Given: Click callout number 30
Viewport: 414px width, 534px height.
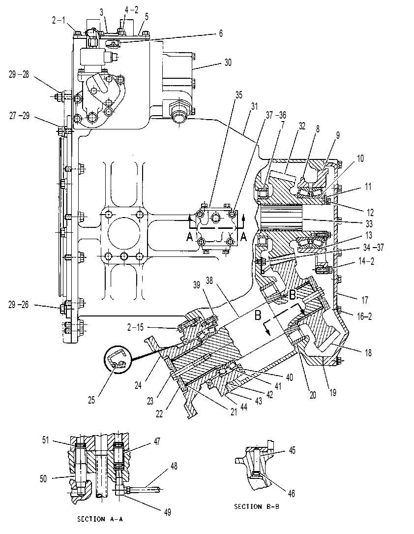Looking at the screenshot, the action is point(228,63).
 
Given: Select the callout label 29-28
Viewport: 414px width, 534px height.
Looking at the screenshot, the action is point(19,75).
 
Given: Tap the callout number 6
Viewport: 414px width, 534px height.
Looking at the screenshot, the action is point(221,33).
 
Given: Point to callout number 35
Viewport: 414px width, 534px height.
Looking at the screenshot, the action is point(239,95).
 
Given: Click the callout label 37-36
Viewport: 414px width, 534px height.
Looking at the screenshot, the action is point(276,115).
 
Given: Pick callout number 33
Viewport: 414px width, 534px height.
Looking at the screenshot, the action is point(369,224).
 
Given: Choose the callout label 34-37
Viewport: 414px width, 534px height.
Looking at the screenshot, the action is point(374,247).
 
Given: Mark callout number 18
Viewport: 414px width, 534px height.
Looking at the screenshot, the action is point(368,353).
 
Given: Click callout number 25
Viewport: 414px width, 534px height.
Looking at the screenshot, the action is point(91,400).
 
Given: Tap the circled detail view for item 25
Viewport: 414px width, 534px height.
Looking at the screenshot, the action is point(117,360).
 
